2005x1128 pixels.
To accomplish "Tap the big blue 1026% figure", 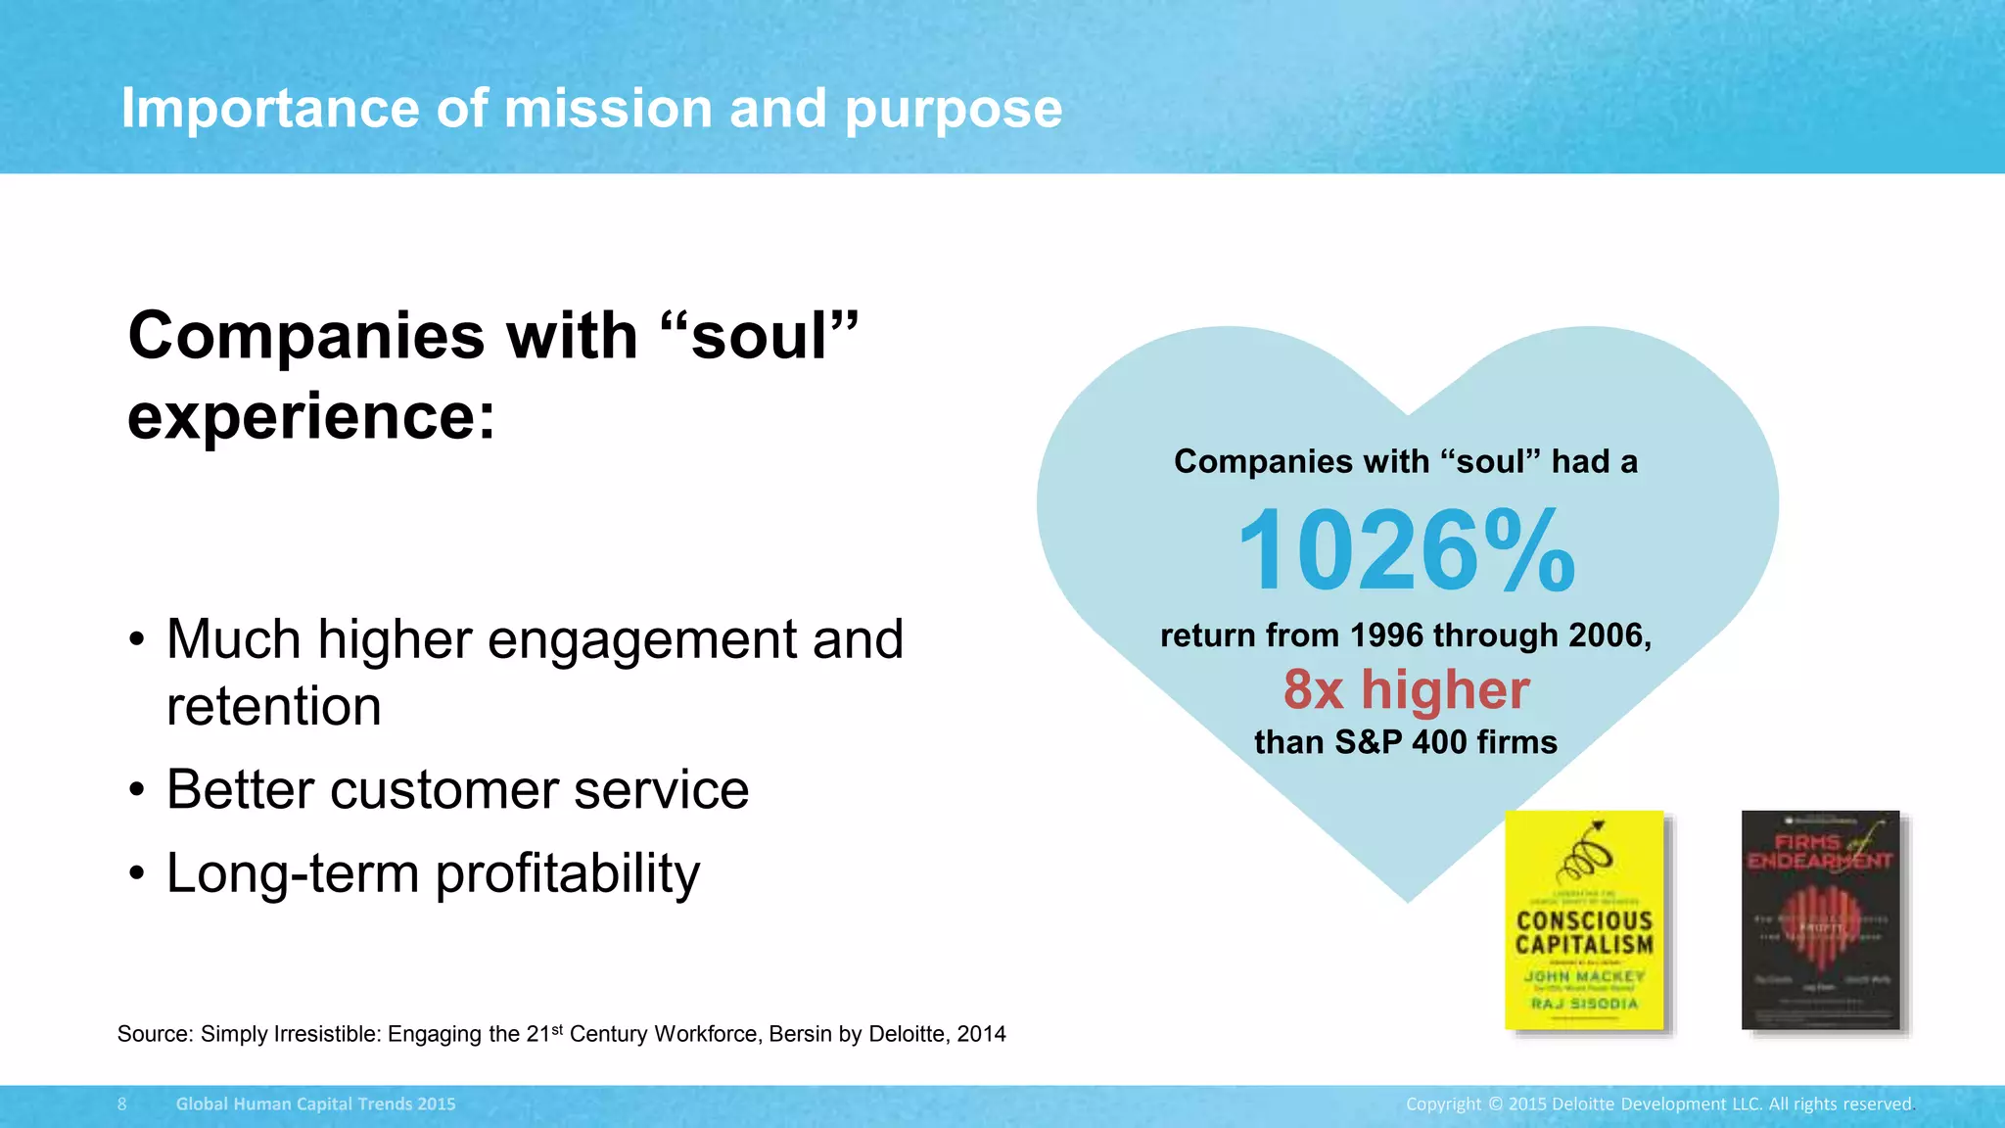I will (x=1406, y=550).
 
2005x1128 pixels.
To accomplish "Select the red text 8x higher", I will (x=1406, y=689).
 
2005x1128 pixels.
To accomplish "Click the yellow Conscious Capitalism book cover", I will (x=1584, y=919).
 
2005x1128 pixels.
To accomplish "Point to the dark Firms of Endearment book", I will (x=1820, y=919).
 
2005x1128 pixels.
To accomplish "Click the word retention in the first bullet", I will (x=274, y=706).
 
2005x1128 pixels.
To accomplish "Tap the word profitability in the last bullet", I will (x=568, y=873).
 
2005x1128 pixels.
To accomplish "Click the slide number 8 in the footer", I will (x=122, y=1104).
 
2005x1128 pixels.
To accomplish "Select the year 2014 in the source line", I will (x=981, y=1035).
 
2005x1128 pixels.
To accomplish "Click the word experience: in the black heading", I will (x=311, y=417).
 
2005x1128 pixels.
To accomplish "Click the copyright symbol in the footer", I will (x=1495, y=1104).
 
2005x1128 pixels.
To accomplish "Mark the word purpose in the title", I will (x=953, y=110).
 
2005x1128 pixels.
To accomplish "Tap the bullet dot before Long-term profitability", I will (x=137, y=872).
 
